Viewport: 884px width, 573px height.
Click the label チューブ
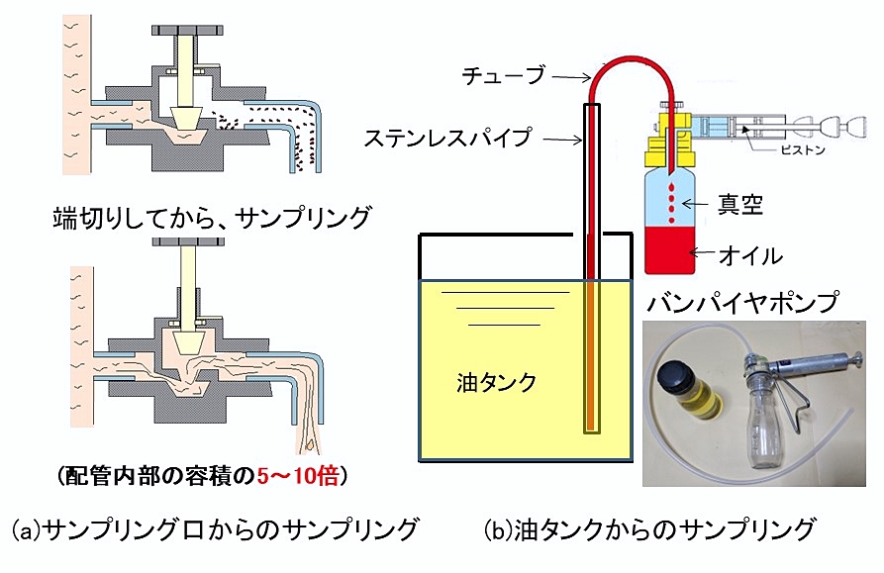(502, 73)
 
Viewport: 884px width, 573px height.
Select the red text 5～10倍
(298, 476)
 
